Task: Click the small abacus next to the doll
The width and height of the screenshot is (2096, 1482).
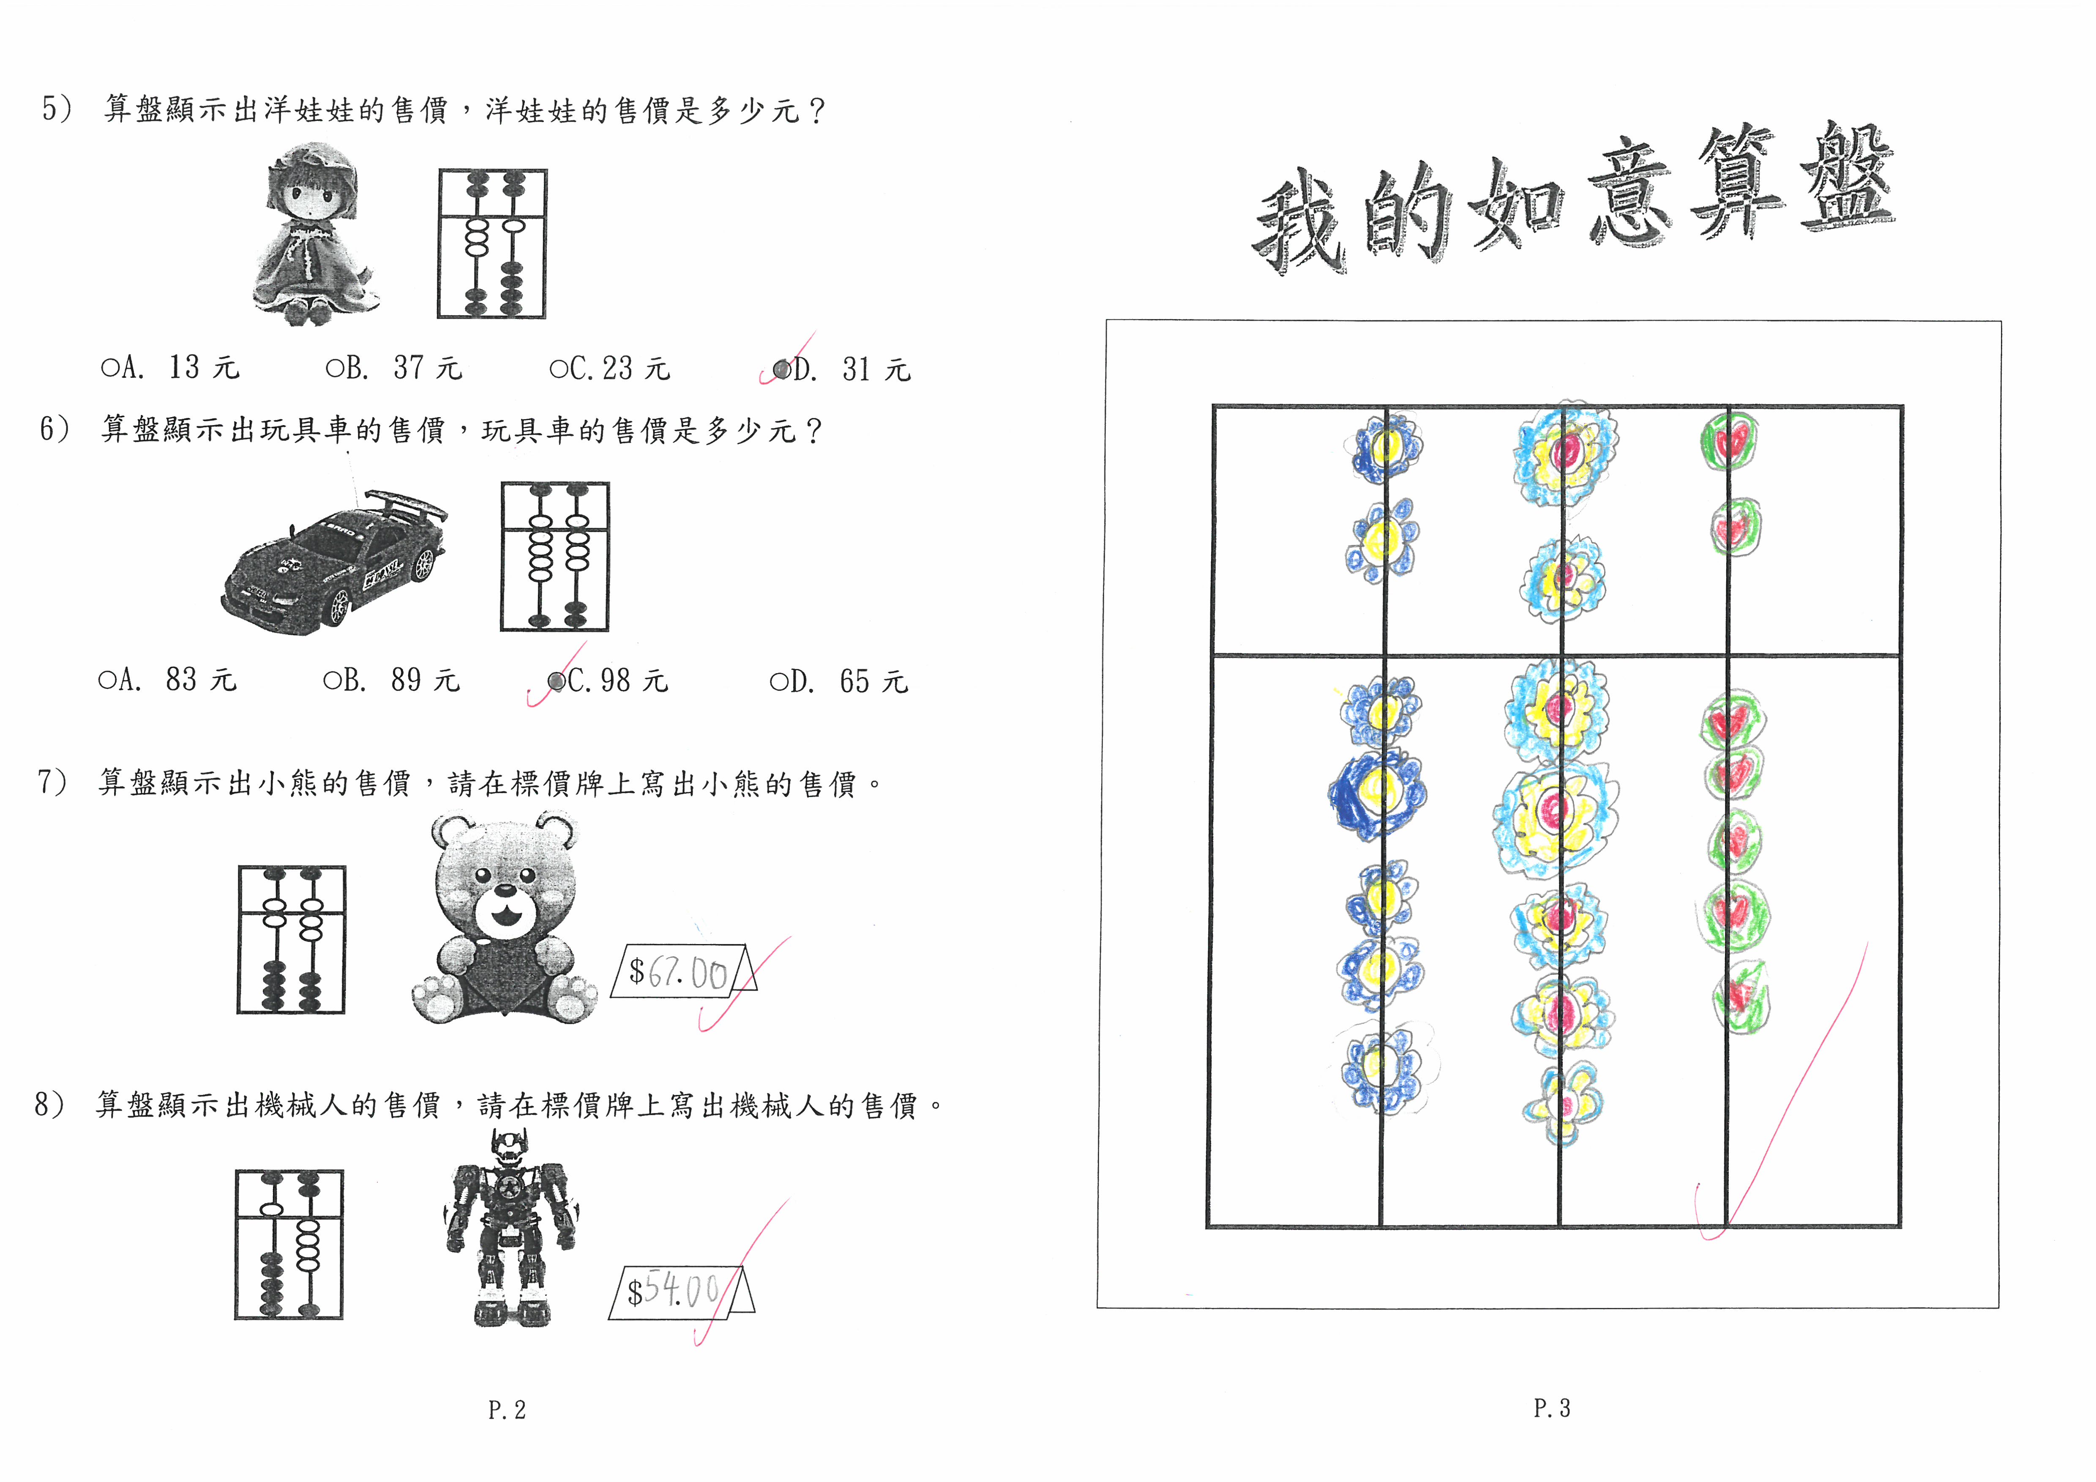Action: [x=492, y=244]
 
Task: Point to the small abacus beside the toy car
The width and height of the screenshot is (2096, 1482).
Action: [x=554, y=556]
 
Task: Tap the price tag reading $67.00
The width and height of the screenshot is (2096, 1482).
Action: [x=683, y=971]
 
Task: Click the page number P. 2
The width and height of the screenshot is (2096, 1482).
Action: [x=507, y=1410]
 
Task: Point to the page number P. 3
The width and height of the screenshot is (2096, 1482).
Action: [x=1552, y=1408]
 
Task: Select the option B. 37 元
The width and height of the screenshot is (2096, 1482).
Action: [x=394, y=367]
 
